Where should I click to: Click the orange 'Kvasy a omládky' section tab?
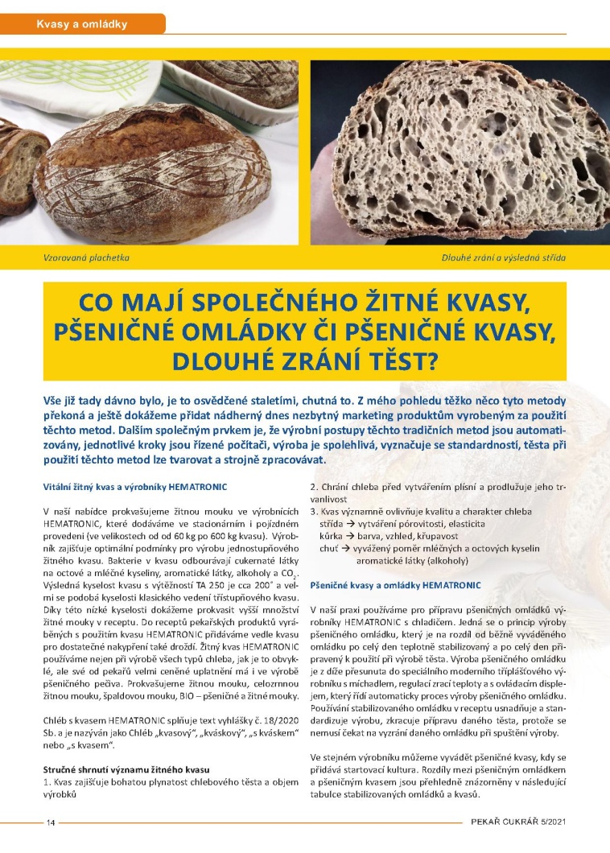click(83, 24)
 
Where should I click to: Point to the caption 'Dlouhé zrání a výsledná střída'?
click(504, 258)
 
